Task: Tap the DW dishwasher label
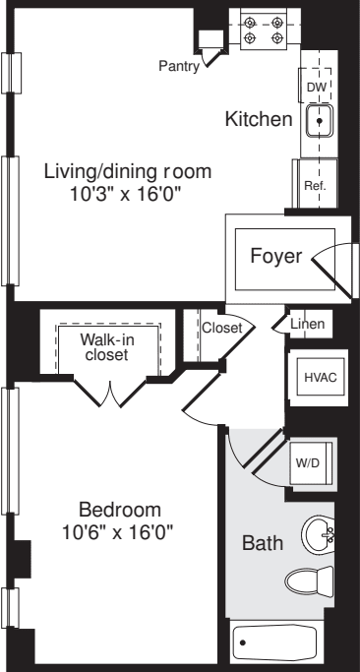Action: pos(315,88)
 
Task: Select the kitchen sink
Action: pos(320,122)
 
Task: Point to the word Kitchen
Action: pos(259,120)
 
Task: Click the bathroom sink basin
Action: pos(320,535)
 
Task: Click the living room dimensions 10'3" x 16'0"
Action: pos(128,193)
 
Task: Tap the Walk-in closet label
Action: pos(106,346)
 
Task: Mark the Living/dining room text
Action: pos(128,171)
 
